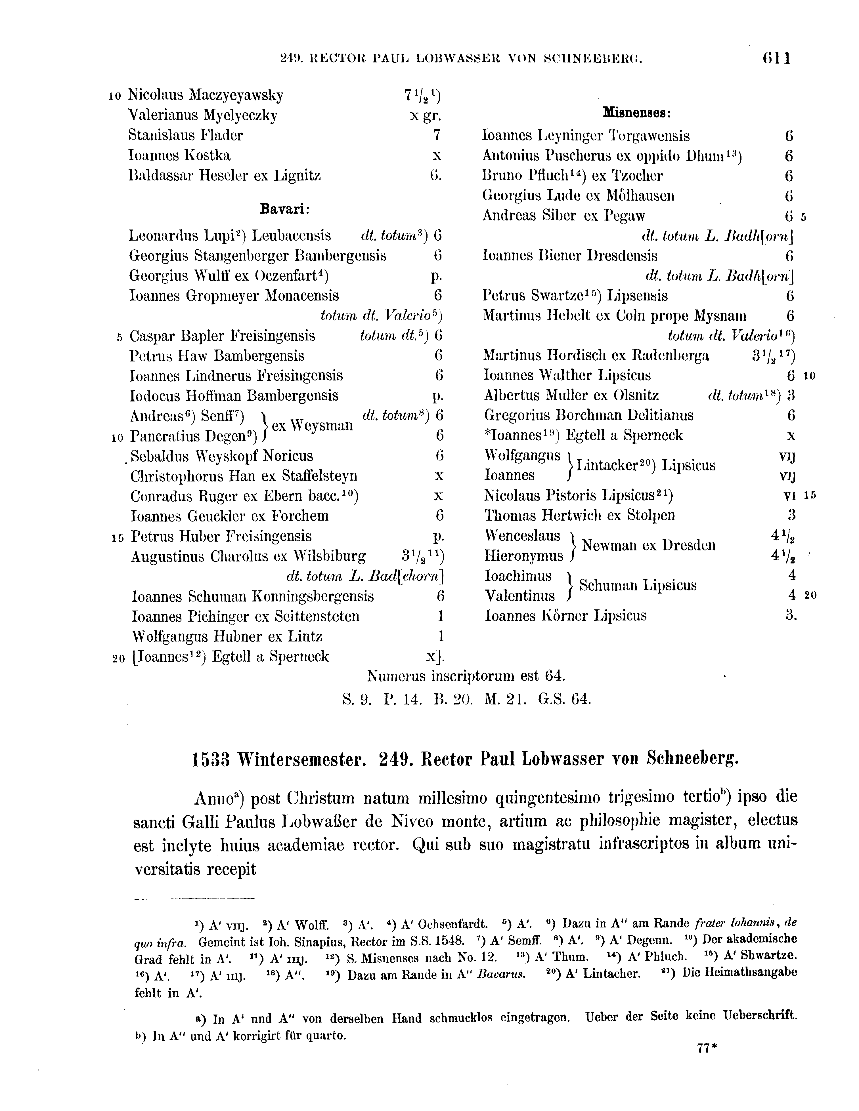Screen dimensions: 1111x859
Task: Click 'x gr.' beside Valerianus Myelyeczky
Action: click(426, 115)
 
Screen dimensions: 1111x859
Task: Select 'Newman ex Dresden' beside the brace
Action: click(649, 546)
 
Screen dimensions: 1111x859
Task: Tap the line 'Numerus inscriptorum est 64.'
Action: click(466, 676)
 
